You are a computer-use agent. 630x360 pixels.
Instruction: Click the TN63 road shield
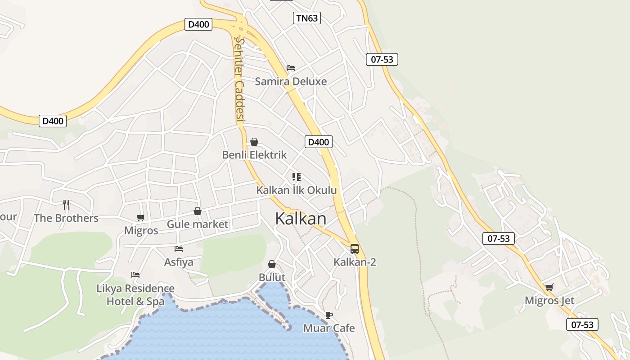click(307, 18)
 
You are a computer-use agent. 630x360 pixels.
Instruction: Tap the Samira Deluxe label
click(291, 81)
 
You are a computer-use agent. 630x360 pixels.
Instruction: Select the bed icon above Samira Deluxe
click(291, 68)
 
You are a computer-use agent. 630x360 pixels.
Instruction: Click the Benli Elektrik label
click(254, 155)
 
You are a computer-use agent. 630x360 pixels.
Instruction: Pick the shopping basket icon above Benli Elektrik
click(254, 142)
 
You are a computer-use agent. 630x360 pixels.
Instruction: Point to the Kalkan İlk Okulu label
click(297, 190)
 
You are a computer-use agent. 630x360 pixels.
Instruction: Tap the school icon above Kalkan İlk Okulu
click(296, 176)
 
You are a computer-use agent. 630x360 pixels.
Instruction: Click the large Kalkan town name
click(301, 219)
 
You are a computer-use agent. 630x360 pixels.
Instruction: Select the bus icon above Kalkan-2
click(355, 248)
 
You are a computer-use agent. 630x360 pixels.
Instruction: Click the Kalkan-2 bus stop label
click(355, 262)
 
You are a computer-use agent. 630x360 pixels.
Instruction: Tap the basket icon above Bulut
click(272, 264)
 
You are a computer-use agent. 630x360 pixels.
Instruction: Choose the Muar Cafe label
click(329, 328)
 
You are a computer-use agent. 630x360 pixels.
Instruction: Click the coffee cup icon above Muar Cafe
click(328, 315)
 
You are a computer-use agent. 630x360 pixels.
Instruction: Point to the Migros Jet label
click(549, 300)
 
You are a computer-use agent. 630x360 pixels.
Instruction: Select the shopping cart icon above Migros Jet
click(549, 287)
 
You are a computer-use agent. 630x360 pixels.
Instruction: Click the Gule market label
click(198, 224)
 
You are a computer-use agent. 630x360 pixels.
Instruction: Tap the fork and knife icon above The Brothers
click(66, 205)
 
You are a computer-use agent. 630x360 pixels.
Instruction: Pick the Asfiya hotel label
click(179, 262)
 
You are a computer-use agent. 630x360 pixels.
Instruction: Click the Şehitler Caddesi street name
click(239, 80)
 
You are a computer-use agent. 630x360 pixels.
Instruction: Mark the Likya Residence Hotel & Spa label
click(135, 295)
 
